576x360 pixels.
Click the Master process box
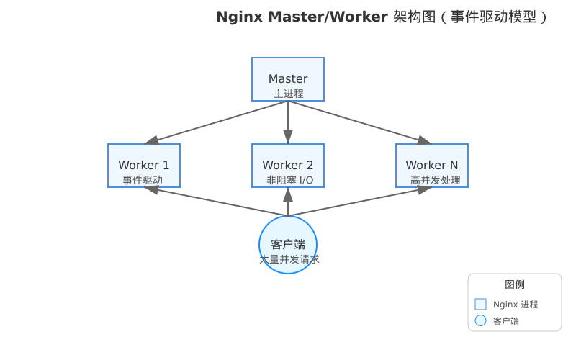[x=288, y=78]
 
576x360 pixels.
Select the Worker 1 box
[x=144, y=165]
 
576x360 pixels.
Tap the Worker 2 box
[x=288, y=165]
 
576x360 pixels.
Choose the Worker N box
[x=432, y=165]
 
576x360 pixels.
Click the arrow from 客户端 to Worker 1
[x=216, y=202]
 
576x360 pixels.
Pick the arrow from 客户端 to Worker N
[x=360, y=202]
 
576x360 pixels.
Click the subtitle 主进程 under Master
[x=288, y=94]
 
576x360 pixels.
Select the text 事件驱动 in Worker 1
[x=143, y=180]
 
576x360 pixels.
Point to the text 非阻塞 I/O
[x=289, y=180]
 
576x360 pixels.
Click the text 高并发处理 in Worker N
[x=435, y=180]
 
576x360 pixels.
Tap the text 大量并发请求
[x=289, y=258]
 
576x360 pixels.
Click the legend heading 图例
[x=514, y=284]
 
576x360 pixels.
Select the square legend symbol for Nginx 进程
[x=481, y=304]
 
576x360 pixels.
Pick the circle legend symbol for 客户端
[x=481, y=320]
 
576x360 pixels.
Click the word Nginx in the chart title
[x=240, y=17]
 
